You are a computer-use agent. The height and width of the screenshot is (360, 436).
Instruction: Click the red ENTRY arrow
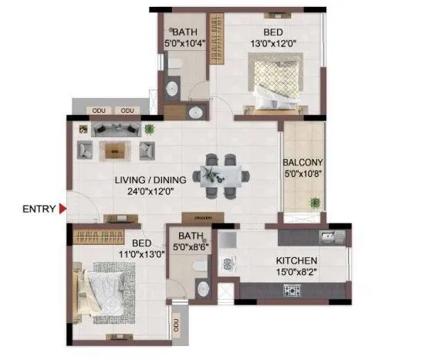point(63,208)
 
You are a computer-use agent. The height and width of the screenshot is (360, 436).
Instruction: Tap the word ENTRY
point(39,208)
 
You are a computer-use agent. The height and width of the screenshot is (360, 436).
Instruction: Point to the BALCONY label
point(302,162)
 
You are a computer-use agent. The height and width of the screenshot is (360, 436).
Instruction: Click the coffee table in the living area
point(116,149)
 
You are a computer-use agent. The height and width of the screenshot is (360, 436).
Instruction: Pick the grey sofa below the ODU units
point(116,129)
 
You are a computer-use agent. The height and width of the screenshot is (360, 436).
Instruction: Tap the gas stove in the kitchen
point(293,290)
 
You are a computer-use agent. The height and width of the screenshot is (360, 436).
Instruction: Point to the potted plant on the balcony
point(314,202)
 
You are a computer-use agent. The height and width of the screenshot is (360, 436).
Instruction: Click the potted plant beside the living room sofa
point(149,128)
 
